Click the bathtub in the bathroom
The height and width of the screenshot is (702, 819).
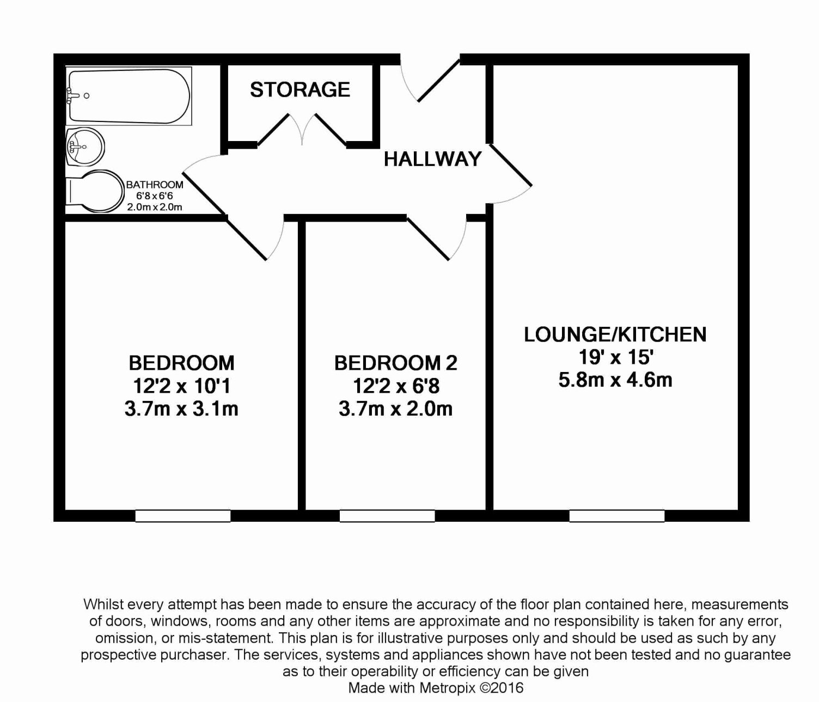click(129, 96)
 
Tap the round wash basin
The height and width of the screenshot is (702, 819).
click(85, 146)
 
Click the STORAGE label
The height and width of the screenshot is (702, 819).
click(300, 89)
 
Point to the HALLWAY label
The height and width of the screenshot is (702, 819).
click(432, 159)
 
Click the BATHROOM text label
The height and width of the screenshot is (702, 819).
click(155, 185)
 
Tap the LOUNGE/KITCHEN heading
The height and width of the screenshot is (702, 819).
click(615, 334)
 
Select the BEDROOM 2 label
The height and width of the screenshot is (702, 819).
click(395, 363)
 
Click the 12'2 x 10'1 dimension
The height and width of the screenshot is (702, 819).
click(181, 386)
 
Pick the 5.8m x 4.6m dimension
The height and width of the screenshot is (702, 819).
click(615, 380)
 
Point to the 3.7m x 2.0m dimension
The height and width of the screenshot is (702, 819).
click(395, 408)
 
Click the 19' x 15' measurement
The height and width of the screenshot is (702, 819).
click(615, 357)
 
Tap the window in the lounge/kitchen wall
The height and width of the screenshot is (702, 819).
click(617, 516)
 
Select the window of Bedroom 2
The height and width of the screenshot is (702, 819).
click(387, 516)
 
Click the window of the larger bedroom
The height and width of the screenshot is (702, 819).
click(182, 516)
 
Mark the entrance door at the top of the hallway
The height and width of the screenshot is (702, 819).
click(439, 81)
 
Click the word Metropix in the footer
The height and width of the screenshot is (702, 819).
click(447, 688)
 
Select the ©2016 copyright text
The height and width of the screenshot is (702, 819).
click(502, 688)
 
